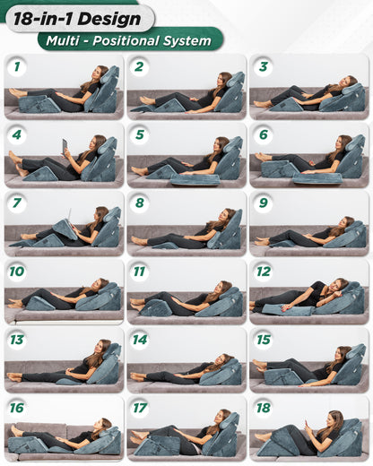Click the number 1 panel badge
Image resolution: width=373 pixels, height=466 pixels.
17,66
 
